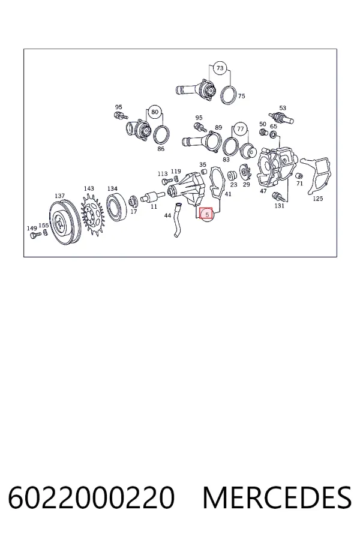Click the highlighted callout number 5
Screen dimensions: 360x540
(206, 214)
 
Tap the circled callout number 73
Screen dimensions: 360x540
(220, 68)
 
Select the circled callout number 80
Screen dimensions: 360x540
(155, 112)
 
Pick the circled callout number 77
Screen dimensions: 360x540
(241, 129)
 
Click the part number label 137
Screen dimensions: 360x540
(59, 196)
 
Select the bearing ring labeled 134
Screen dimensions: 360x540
(117, 206)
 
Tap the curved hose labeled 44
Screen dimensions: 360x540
(178, 220)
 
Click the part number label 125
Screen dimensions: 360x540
(317, 199)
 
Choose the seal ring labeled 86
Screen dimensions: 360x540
(161, 135)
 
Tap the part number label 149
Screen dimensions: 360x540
(32, 229)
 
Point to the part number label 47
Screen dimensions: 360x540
(263, 191)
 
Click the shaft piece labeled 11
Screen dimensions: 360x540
(151, 197)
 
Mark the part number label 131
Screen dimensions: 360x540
(279, 206)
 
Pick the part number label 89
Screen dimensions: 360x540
(218, 128)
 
